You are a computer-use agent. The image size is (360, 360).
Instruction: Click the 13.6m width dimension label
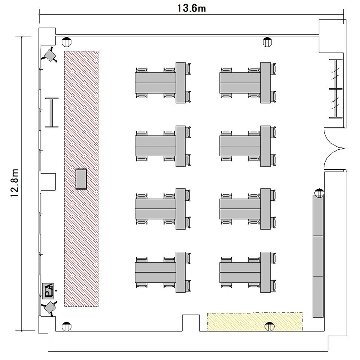coord(192,8)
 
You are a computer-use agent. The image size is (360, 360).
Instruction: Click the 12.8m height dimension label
coord(14,183)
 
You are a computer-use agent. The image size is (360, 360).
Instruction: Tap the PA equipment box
coord(48,291)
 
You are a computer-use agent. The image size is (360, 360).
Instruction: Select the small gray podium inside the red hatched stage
coord(81,179)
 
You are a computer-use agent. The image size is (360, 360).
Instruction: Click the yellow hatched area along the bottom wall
coord(255,322)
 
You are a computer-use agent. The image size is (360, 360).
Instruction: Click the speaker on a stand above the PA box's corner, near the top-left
coord(49,55)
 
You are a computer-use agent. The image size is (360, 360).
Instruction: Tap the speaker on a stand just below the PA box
coord(49,308)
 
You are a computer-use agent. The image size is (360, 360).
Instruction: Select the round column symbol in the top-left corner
coord(67,42)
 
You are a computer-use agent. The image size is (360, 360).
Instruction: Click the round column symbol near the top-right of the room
coord(267,42)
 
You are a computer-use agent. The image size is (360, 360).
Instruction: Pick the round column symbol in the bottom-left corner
coord(67,326)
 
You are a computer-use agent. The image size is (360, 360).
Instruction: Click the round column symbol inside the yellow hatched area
coord(270,326)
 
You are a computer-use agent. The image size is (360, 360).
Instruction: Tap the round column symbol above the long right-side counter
coord(319,193)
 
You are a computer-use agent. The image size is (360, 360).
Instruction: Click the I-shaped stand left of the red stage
coord(51,112)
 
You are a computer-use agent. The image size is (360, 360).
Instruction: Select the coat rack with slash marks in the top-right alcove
coord(336,89)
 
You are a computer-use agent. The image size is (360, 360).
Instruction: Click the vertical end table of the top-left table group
coord(180,83)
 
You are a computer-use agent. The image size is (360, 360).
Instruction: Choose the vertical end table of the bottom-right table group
coord(265,272)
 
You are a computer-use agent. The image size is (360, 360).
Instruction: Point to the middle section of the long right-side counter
coord(318,256)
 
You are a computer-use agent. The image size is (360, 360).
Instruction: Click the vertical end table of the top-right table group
coord(265,83)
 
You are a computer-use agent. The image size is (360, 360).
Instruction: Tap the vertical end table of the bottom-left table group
coord(180,272)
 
